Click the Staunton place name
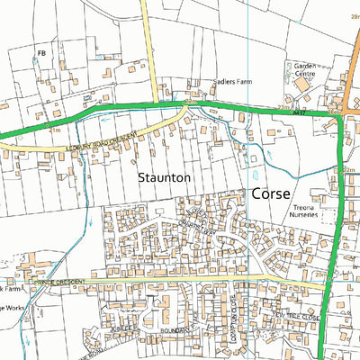click(165, 178)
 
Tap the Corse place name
click(270, 193)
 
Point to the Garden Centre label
click(301, 70)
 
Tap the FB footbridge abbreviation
click(41, 54)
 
